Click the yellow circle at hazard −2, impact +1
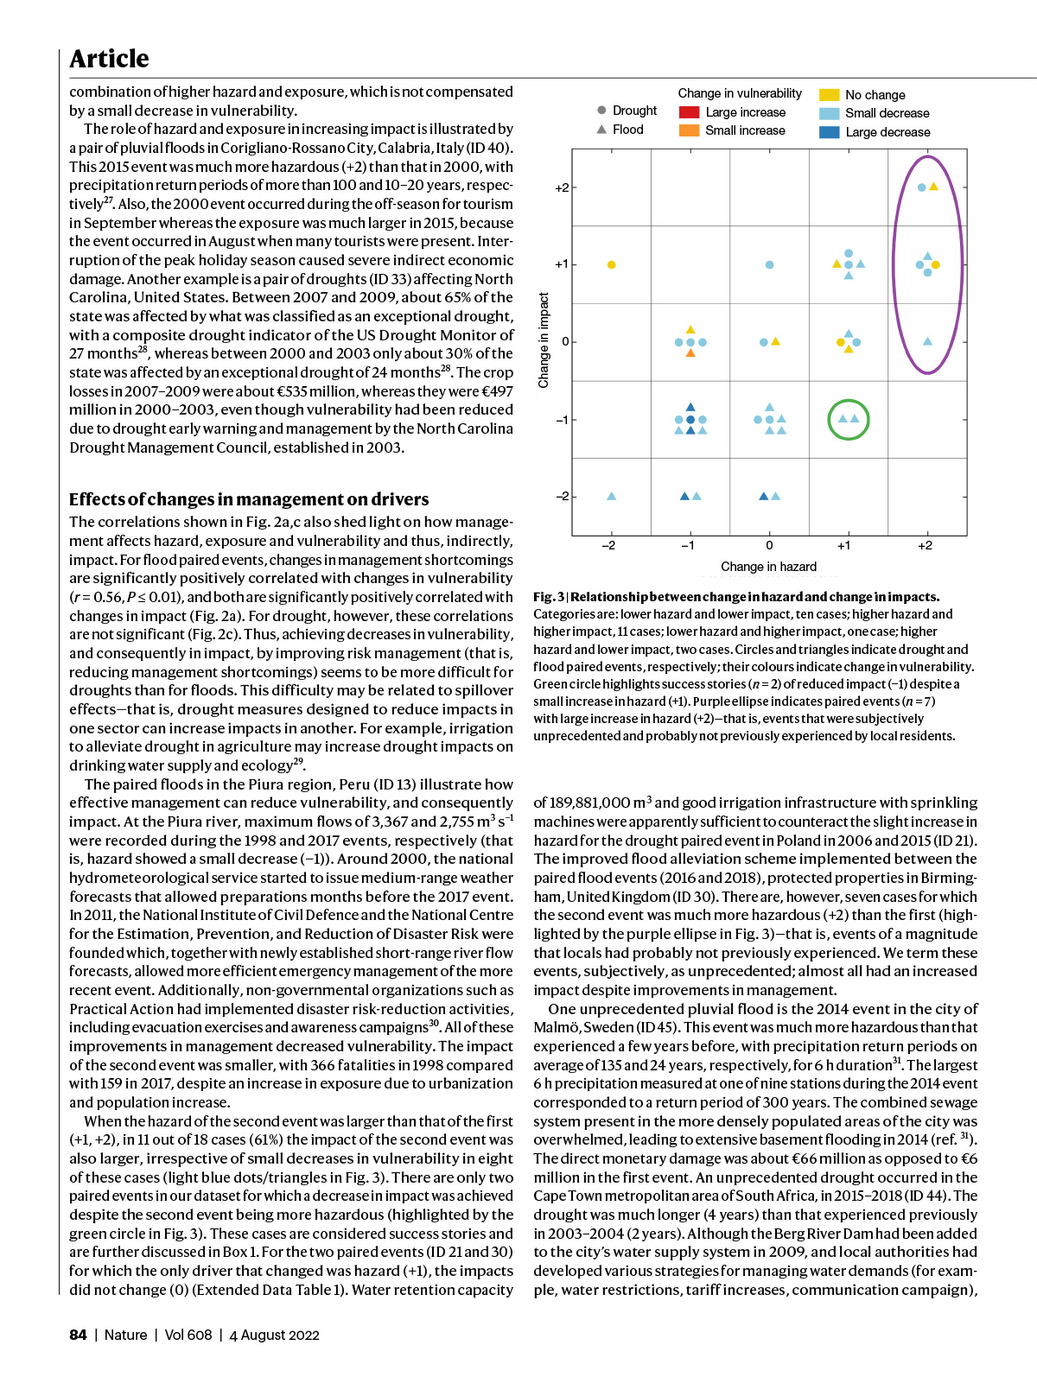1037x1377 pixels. pyautogui.click(x=612, y=264)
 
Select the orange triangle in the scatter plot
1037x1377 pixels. pyautogui.click(x=690, y=353)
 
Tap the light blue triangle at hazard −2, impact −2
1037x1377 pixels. pyautogui.click(x=612, y=496)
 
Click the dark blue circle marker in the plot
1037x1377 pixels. pyautogui.click(x=690, y=420)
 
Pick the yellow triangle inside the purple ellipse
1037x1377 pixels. pyautogui.click(x=934, y=187)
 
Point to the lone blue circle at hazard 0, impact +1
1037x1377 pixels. pyautogui.click(x=769, y=264)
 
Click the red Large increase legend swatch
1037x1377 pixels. pyautogui.click(x=689, y=112)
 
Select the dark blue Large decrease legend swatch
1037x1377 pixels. pyautogui.click(x=829, y=132)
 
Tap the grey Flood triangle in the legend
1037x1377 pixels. pyautogui.click(x=601, y=130)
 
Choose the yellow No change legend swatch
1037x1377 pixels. pyautogui.click(x=829, y=95)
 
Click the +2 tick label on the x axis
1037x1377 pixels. pyautogui.click(x=926, y=545)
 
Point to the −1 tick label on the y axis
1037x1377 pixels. pyautogui.click(x=562, y=420)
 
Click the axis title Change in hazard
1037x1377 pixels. pyautogui.click(x=768, y=567)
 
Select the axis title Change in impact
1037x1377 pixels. pyautogui.click(x=544, y=339)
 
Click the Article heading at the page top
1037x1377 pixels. pyautogui.click(x=109, y=59)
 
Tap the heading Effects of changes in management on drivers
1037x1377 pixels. pyautogui.click(x=249, y=499)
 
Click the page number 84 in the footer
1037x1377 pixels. pyautogui.click(x=78, y=1335)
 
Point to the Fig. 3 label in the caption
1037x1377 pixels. pyautogui.click(x=548, y=597)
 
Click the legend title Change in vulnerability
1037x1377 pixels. pyautogui.click(x=740, y=93)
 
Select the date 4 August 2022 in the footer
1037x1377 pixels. pyautogui.click(x=274, y=1335)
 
